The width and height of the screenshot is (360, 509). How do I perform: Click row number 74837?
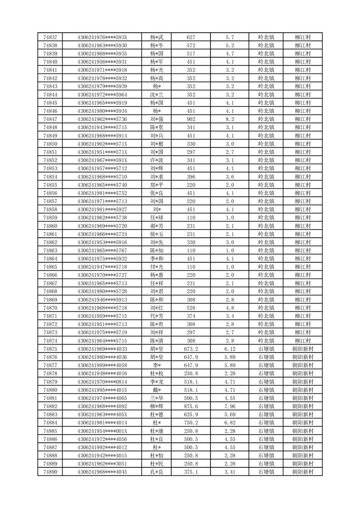point(50,37)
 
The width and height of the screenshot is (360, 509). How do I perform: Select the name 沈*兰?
point(157,94)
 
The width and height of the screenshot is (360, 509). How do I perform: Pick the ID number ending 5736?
point(102,119)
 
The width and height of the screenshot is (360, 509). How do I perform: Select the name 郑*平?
point(157,185)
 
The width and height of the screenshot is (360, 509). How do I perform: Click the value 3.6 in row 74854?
point(229,176)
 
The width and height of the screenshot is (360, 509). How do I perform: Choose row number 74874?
point(50,341)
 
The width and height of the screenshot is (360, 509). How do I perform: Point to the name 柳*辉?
point(157,406)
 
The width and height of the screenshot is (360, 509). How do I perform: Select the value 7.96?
point(229,406)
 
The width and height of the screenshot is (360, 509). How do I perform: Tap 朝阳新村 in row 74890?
point(302,472)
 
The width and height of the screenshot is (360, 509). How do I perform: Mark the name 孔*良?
point(157,472)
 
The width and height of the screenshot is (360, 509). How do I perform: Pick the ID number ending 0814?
point(102,382)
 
